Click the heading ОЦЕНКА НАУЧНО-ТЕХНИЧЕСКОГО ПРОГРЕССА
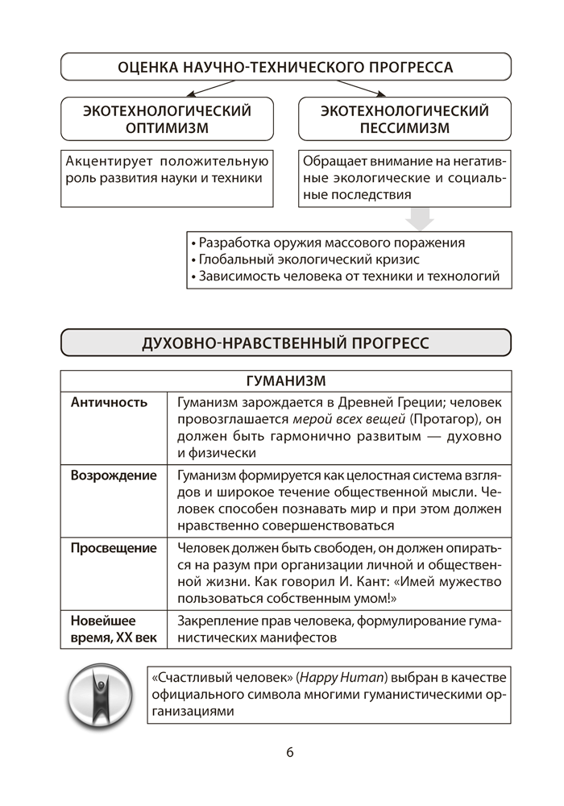point(286,66)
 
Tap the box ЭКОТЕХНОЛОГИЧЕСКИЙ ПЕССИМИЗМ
point(404,119)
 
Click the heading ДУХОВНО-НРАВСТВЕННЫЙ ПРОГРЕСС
point(286,343)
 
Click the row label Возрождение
point(114,475)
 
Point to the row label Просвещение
point(114,548)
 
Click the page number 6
point(289,753)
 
